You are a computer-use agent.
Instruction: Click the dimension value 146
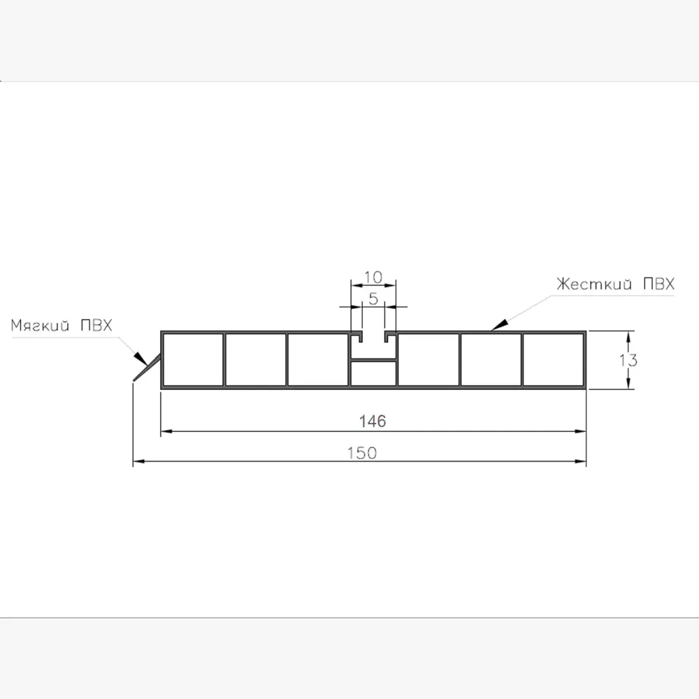pyautogui.click(x=373, y=421)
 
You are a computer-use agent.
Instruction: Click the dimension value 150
pyautogui.click(x=362, y=453)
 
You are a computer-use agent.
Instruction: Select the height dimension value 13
pyautogui.click(x=628, y=360)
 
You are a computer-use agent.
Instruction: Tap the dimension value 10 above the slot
pyautogui.click(x=373, y=278)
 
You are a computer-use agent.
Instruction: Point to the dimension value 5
pyautogui.click(x=373, y=298)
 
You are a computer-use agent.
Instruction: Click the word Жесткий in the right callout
pyautogui.click(x=594, y=284)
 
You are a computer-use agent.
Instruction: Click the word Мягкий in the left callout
pyautogui.click(x=40, y=326)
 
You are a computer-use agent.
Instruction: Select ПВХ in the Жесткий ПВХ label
pyautogui.click(x=659, y=284)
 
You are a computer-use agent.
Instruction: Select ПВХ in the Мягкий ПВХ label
pyautogui.click(x=96, y=325)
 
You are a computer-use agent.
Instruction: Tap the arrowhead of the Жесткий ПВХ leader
pyautogui.click(x=498, y=325)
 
